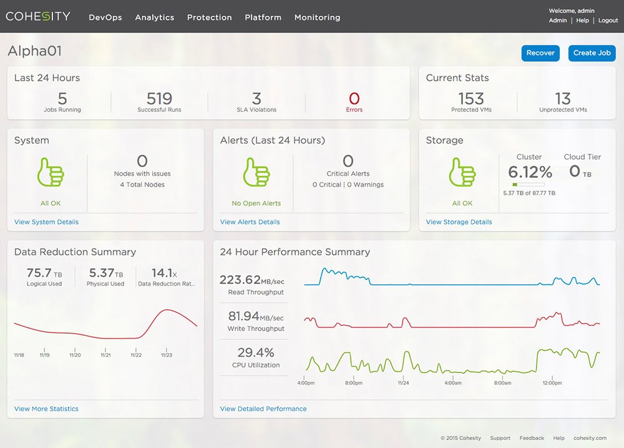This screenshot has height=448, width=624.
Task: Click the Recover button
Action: pyautogui.click(x=540, y=53)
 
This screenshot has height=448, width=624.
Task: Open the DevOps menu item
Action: pyautogui.click(x=105, y=17)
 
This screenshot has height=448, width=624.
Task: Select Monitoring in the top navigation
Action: pyautogui.click(x=317, y=17)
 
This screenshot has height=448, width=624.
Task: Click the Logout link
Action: pyautogui.click(x=608, y=21)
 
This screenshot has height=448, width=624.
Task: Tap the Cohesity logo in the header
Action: pyautogui.click(x=38, y=16)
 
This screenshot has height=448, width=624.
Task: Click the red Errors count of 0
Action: pyautogui.click(x=354, y=99)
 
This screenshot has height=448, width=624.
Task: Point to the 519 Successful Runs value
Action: pyautogui.click(x=159, y=99)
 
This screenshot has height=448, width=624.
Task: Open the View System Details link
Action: pyautogui.click(x=46, y=222)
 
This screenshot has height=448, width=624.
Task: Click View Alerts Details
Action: pyautogui.click(x=250, y=222)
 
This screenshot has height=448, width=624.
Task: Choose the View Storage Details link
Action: pyautogui.click(x=459, y=222)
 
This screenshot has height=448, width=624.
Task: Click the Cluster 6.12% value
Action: pyautogui.click(x=529, y=172)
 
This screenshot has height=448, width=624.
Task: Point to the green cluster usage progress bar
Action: pyautogui.click(x=529, y=185)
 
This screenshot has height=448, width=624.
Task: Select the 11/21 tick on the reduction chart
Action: pyautogui.click(x=105, y=354)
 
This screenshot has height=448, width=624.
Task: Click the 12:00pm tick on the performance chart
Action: pyautogui.click(x=552, y=382)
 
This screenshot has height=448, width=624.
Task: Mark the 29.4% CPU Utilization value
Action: pyautogui.click(x=255, y=353)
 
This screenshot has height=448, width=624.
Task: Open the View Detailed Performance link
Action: pyautogui.click(x=263, y=409)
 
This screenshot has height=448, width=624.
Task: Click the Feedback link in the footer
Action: pyautogui.click(x=532, y=438)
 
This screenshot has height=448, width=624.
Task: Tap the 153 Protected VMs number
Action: pyautogui.click(x=470, y=99)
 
